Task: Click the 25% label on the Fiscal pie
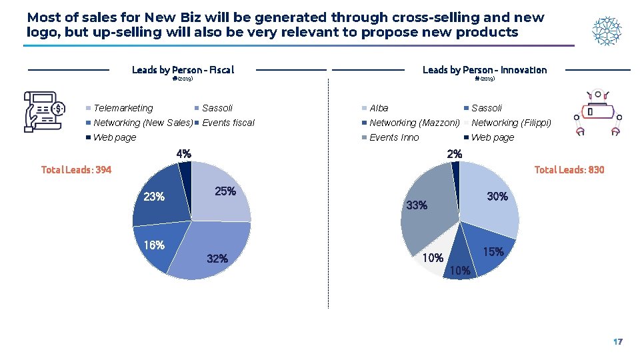225,191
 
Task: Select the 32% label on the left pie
217,259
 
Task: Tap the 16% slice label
154,245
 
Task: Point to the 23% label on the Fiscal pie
154,197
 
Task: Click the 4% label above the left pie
184,154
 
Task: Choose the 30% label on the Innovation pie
497,197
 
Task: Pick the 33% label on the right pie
417,205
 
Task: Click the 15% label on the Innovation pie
493,252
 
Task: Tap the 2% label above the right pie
455,154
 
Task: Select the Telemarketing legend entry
123,108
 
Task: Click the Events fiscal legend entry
228,123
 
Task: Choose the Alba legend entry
379,108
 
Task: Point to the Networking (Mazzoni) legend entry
414,123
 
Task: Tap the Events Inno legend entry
394,137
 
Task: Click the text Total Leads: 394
77,170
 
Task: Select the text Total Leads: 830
569,170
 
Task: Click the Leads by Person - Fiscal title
183,70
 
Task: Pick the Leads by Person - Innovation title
485,70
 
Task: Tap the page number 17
617,342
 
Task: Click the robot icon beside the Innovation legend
598,113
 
